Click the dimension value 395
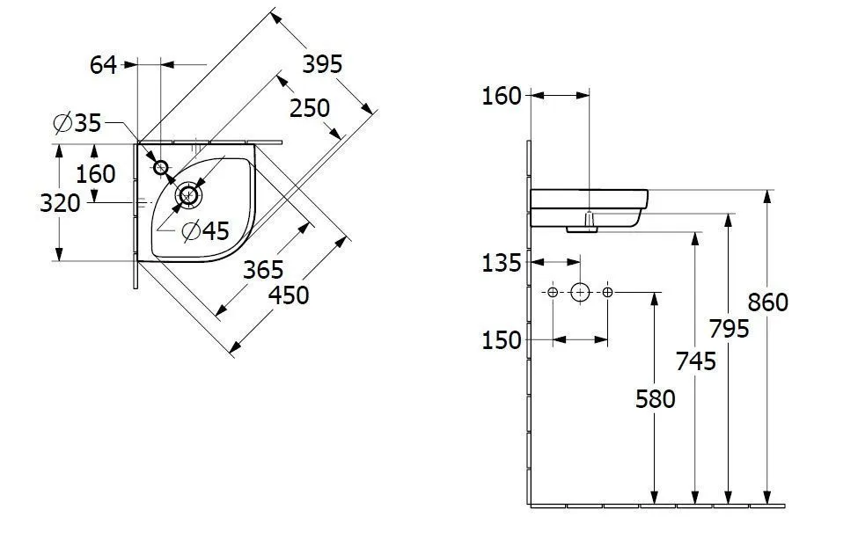[322, 64]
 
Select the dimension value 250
[310, 108]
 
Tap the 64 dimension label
[104, 64]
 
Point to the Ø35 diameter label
[77, 124]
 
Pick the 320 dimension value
[61, 203]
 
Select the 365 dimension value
[264, 269]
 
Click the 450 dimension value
[290, 295]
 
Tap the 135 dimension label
[502, 262]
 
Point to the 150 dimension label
[502, 339]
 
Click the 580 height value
[656, 398]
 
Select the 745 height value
[696, 360]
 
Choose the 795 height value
[730, 328]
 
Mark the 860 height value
[768, 302]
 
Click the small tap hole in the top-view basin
[161, 167]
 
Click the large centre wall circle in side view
[580, 292]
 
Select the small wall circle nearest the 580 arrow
[607, 292]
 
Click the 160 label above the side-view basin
[502, 96]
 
